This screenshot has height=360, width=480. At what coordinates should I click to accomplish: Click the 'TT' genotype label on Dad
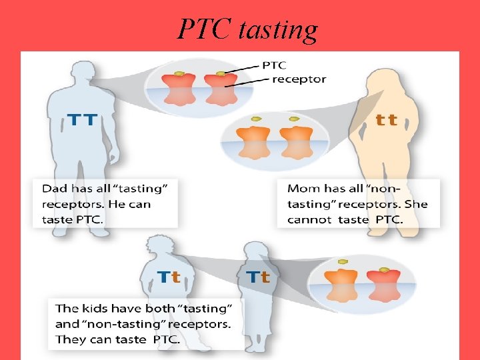point(83,121)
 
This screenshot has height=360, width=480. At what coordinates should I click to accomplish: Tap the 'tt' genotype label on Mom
point(387,120)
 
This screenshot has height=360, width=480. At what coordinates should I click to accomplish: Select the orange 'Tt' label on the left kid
point(169,277)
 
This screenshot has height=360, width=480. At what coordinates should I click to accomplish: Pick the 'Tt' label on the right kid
point(258,277)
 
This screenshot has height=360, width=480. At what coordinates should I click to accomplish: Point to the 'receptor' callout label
point(299,79)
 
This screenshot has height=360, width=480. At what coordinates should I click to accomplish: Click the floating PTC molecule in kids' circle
point(343,261)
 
